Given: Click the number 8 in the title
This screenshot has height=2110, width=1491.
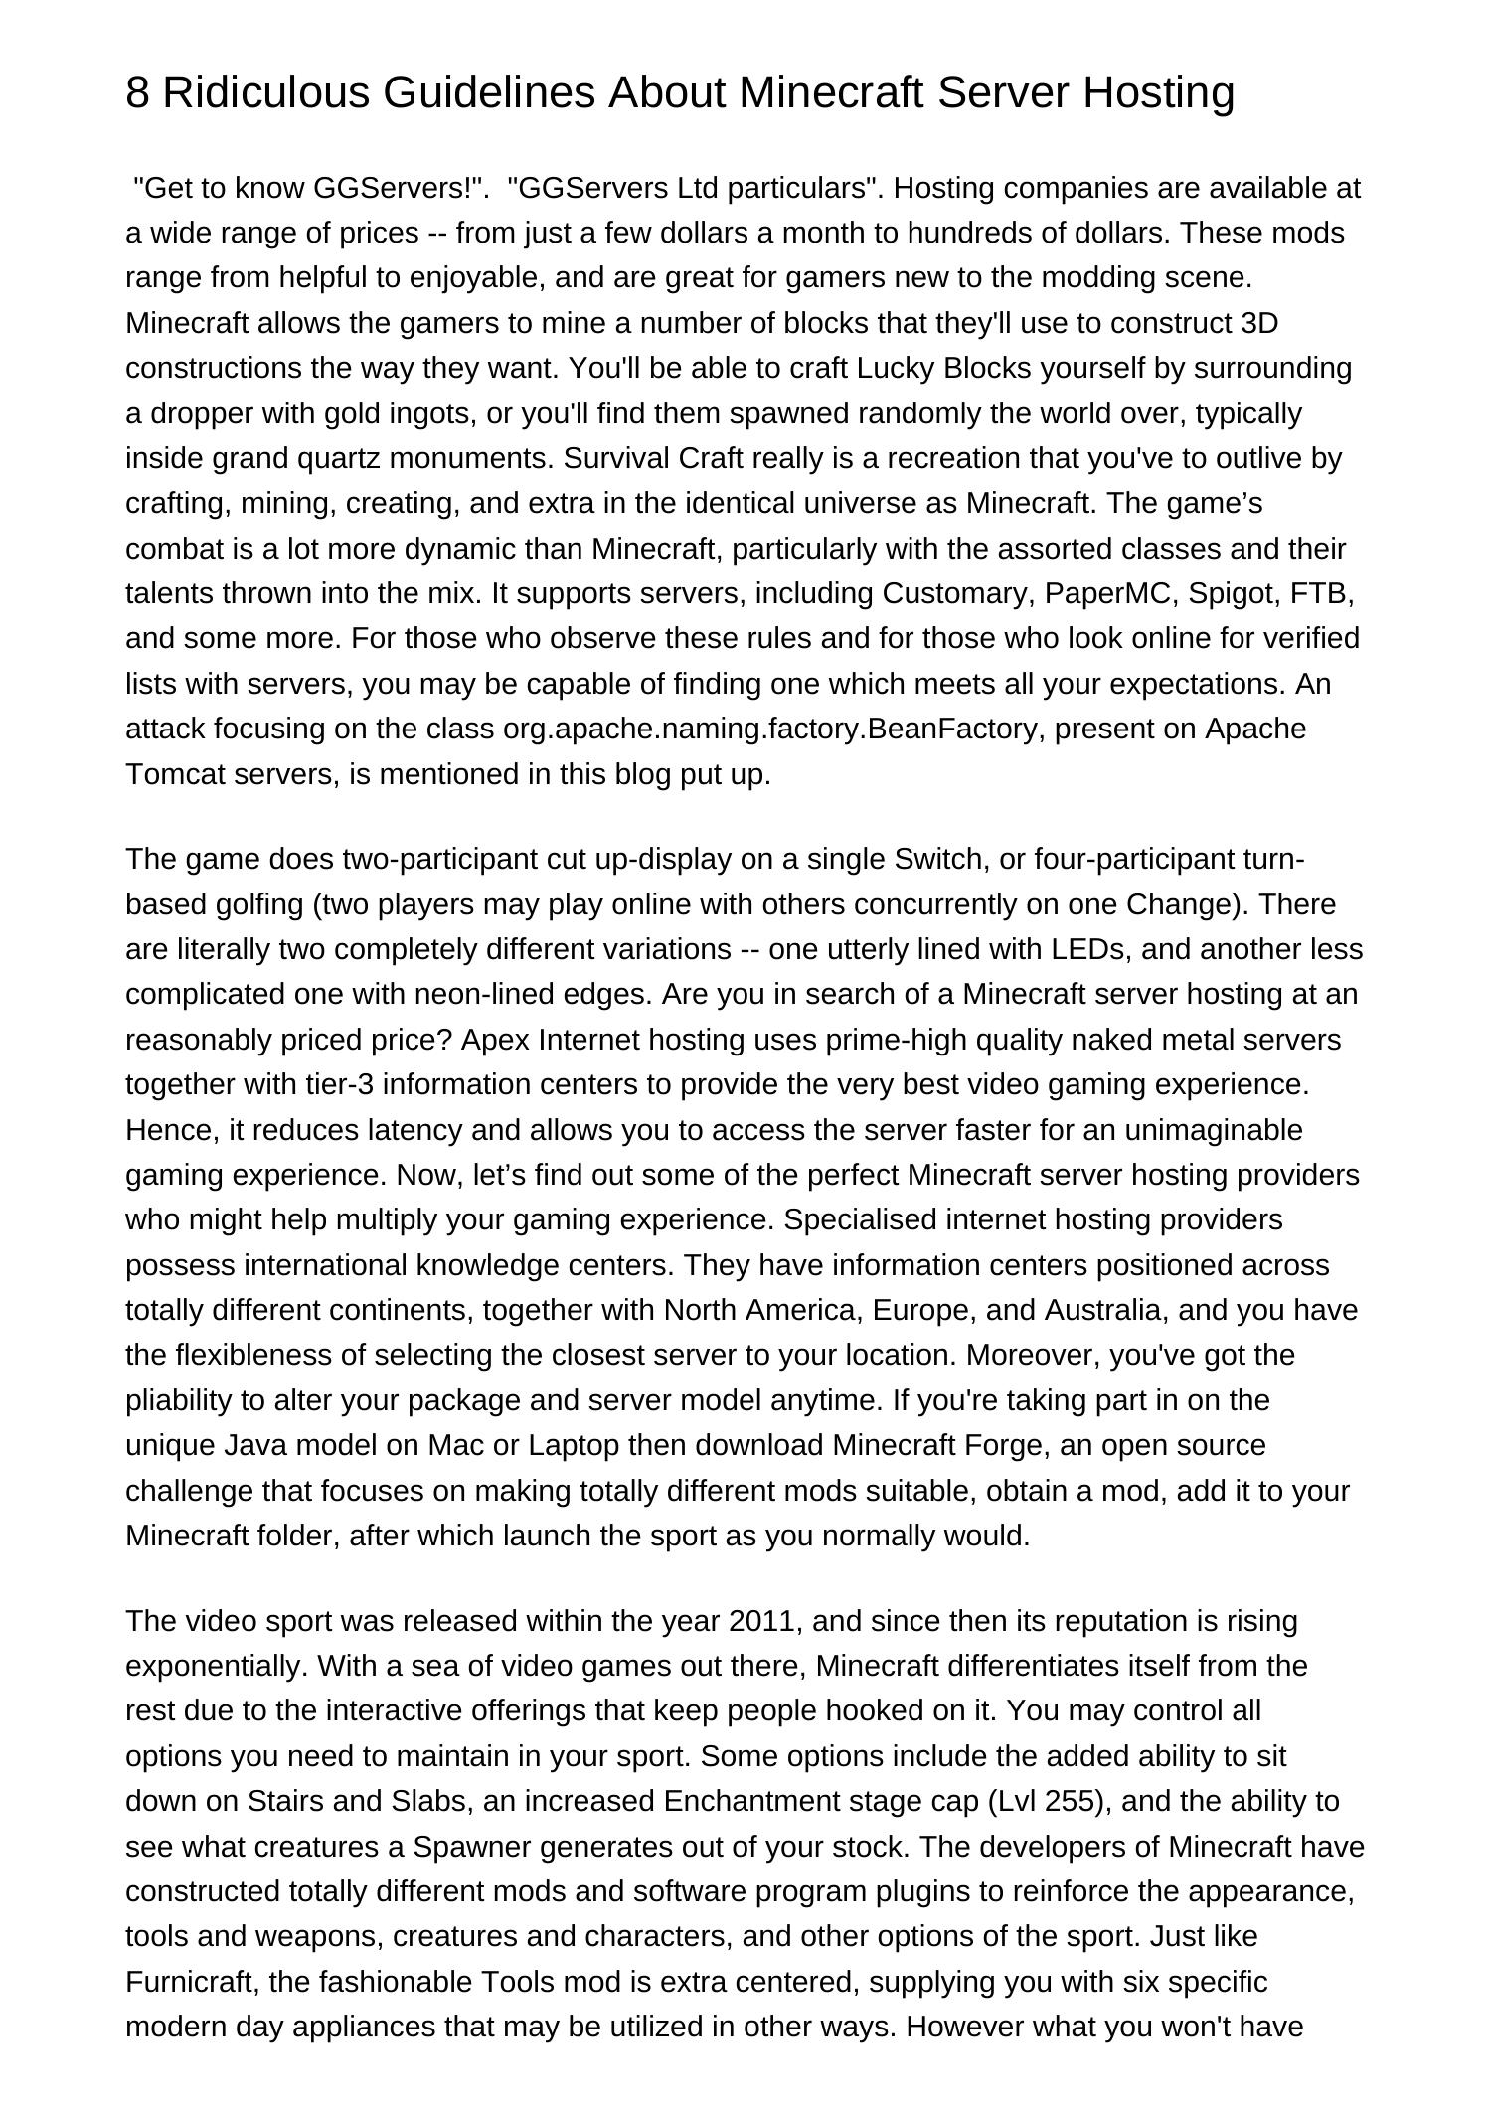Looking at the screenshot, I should pyautogui.click(x=138, y=93).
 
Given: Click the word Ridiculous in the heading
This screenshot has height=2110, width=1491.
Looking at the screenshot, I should pyautogui.click(x=265, y=93).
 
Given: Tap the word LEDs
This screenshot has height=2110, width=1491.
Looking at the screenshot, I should pyautogui.click(x=1093, y=949).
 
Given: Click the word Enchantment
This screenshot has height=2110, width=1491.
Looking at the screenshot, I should pyautogui.click(x=747, y=1801).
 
